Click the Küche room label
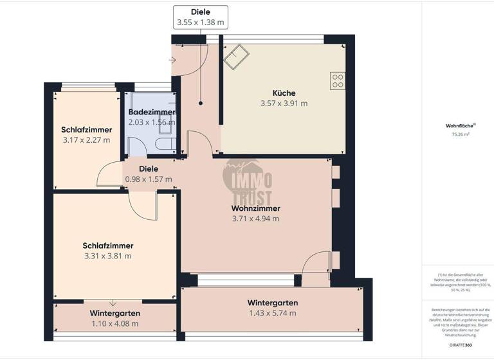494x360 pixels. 284,93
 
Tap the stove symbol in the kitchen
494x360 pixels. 337,80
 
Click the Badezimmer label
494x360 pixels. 152,112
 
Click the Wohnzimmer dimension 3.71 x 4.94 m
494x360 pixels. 255,219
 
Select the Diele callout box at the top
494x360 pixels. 201,17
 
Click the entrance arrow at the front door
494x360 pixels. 172,60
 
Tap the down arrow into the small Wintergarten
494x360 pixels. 113,303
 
